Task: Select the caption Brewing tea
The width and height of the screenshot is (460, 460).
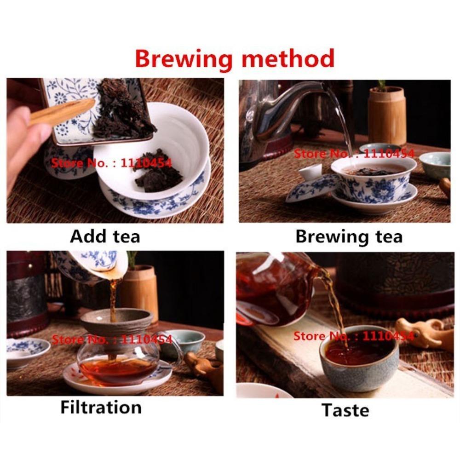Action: (x=349, y=236)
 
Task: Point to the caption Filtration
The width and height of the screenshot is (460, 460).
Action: (x=101, y=407)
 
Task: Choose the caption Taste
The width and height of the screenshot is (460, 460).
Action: (x=345, y=409)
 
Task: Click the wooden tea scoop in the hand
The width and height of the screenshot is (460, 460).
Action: (x=60, y=113)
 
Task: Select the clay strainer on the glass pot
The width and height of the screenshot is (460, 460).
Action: (x=117, y=322)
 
